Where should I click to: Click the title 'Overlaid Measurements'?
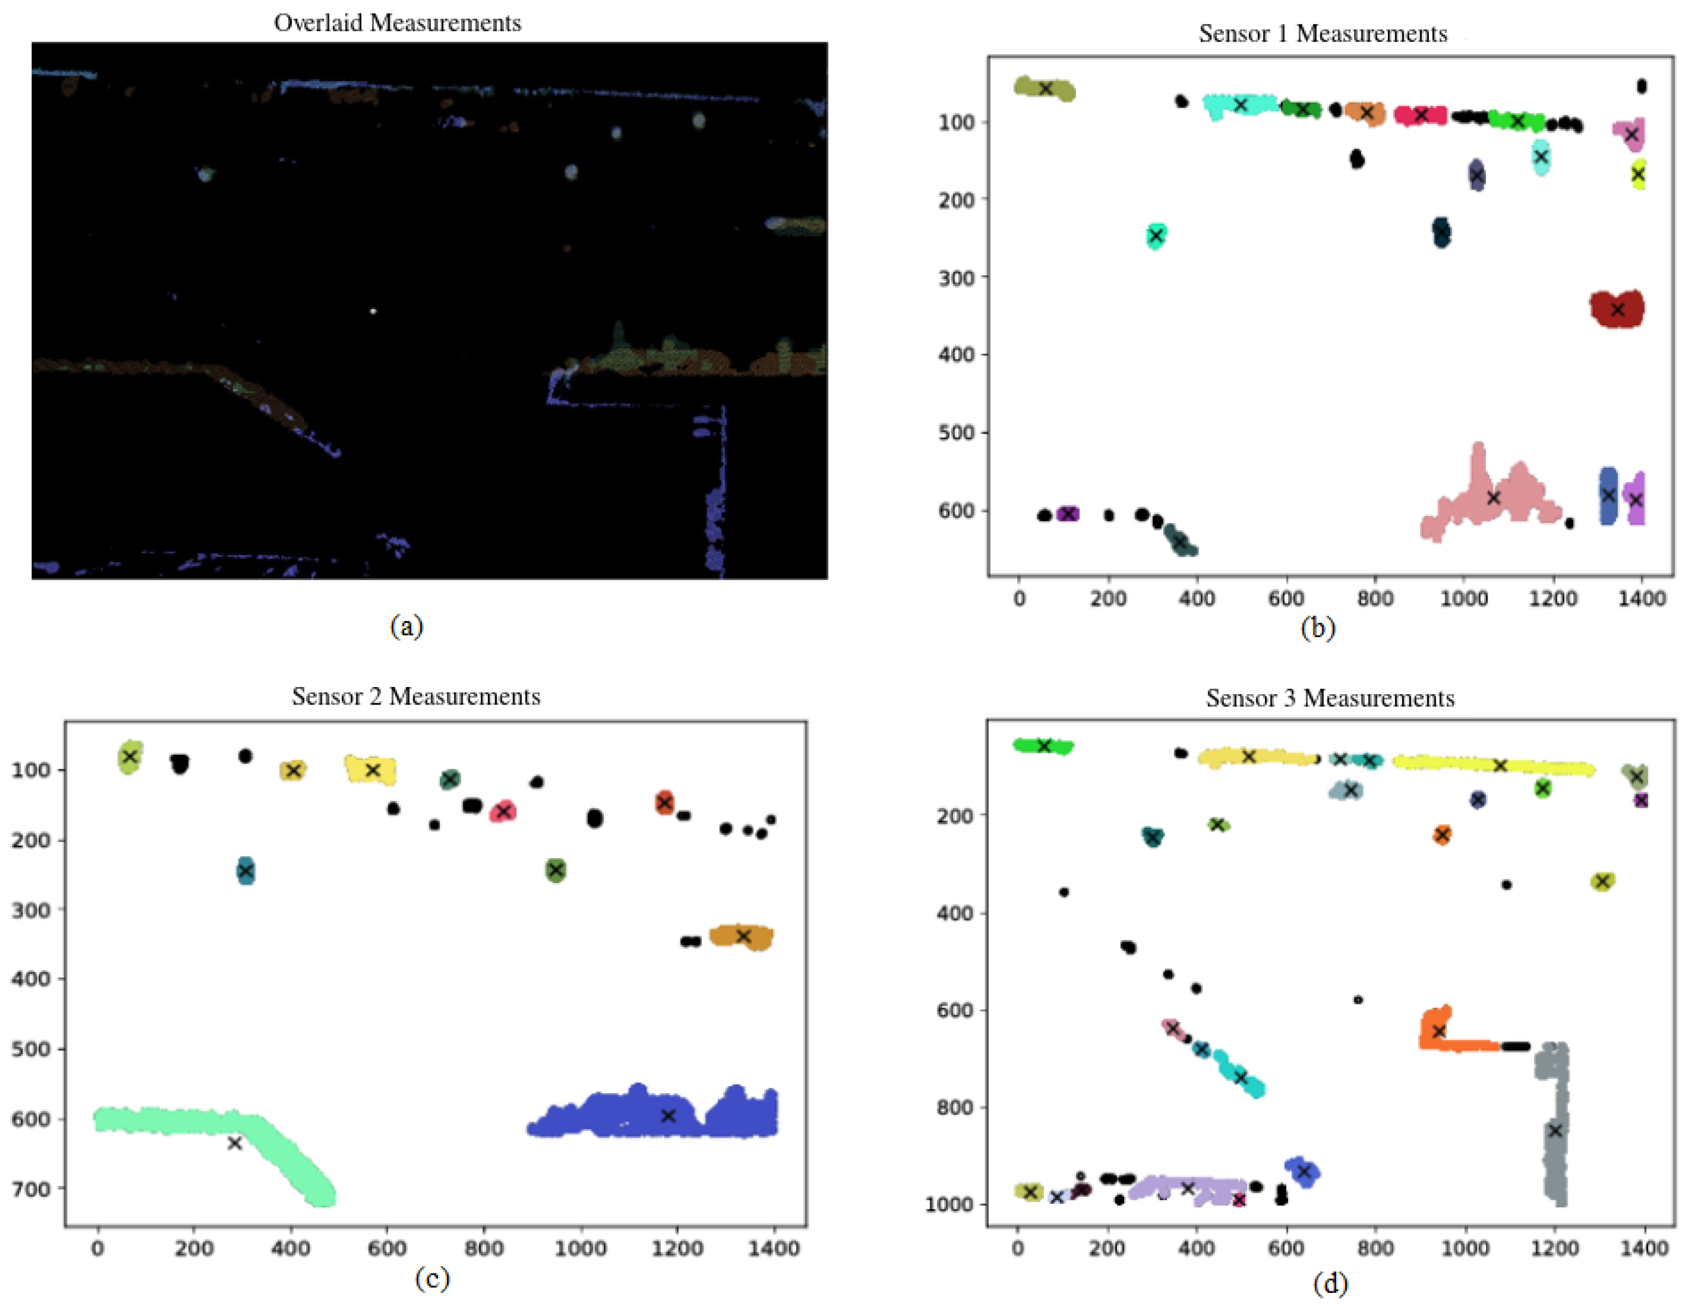point(398,23)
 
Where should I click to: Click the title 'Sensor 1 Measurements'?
point(1323,34)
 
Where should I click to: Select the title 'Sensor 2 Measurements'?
point(416,696)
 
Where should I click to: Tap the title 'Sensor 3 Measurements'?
point(1330,698)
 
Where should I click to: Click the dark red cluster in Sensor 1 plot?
point(1617,309)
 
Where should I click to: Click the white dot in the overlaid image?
point(373,311)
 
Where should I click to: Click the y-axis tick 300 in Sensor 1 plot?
point(957,277)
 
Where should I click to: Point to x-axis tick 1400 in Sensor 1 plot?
point(1642,599)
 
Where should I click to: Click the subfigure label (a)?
point(407,626)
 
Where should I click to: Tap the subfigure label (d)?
point(1330,1284)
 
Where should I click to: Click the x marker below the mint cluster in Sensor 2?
point(235,1143)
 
